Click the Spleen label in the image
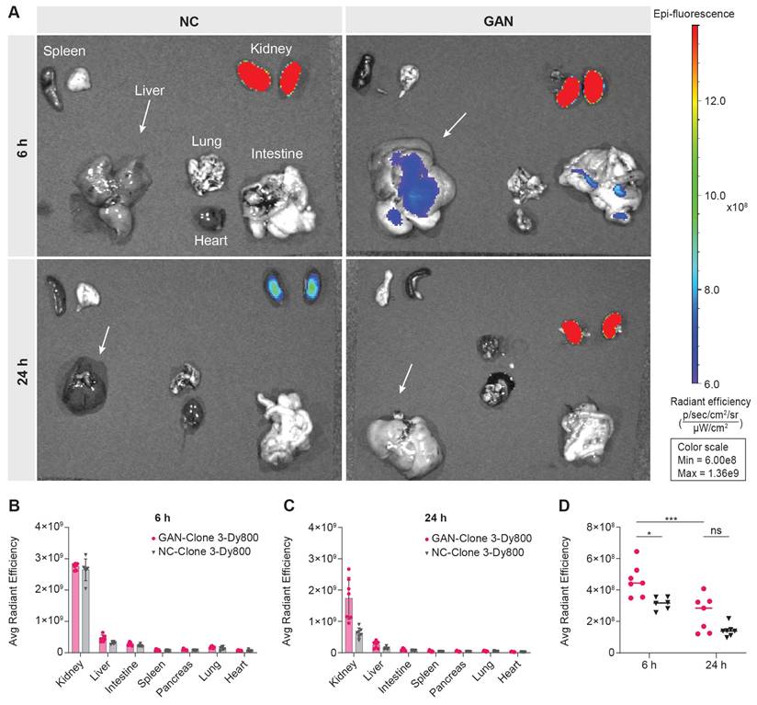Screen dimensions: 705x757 pyautogui.click(x=64, y=52)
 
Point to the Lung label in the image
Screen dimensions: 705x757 pyautogui.click(x=206, y=142)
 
